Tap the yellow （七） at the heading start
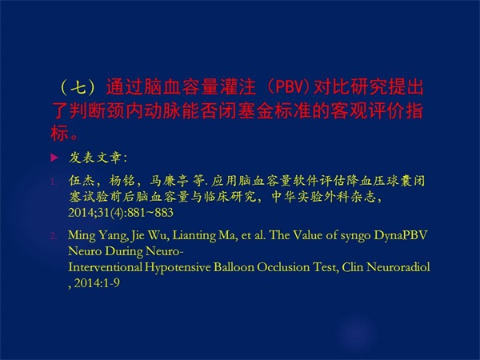(x=79, y=87)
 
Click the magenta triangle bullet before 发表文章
(x=54, y=158)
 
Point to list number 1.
(x=54, y=182)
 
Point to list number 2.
(x=54, y=236)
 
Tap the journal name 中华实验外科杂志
(x=324, y=197)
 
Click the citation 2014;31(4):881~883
(x=121, y=213)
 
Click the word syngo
(x=351, y=236)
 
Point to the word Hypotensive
(x=178, y=267)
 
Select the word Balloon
(x=234, y=267)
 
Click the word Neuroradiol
(x=398, y=267)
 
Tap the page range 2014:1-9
(x=97, y=283)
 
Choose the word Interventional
(x=106, y=267)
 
